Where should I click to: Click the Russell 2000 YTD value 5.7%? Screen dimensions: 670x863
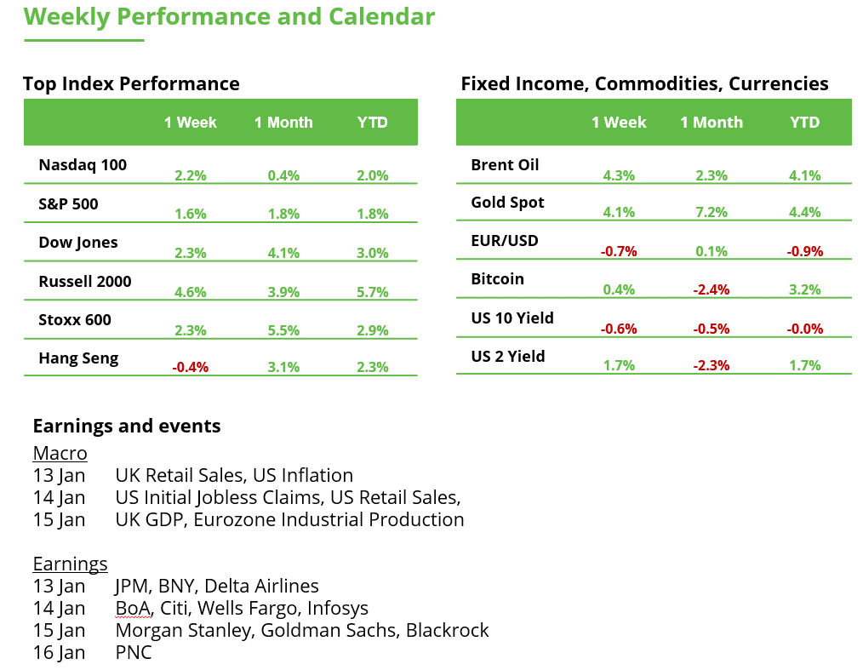point(372,292)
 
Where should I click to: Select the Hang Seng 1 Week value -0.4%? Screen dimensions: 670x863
point(191,368)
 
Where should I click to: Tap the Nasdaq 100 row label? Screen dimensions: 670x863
point(83,165)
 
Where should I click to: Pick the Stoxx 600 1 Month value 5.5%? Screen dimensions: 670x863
point(283,330)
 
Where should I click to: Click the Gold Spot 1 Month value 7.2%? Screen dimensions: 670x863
point(712,213)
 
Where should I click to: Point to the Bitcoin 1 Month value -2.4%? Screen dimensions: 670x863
point(712,289)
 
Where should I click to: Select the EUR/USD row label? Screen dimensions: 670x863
point(505,241)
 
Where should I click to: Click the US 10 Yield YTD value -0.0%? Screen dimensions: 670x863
point(804,329)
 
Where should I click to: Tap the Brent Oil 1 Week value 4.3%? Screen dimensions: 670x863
point(619,175)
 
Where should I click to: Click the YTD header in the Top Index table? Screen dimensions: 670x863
point(373,123)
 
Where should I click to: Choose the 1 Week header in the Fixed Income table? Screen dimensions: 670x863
point(619,123)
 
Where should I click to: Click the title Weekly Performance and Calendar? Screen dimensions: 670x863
point(229,16)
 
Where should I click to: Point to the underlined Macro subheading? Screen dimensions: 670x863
point(60,453)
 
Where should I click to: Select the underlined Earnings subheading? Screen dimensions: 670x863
point(70,564)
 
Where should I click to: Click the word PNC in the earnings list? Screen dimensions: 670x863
point(134,653)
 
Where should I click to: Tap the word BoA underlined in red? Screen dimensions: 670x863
point(134,609)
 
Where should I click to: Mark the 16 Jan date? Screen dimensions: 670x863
point(59,653)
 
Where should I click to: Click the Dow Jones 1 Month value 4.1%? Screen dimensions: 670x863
point(283,253)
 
